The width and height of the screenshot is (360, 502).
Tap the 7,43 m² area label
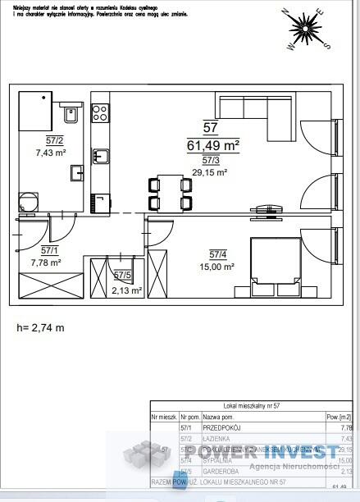(x=50, y=153)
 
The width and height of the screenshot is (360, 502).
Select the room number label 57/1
(x=49, y=250)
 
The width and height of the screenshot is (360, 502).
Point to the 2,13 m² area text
(x=127, y=290)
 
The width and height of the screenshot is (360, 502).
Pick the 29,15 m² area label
(x=210, y=172)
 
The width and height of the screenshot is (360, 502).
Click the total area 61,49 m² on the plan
(x=213, y=145)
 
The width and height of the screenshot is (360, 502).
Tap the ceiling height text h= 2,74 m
(x=40, y=327)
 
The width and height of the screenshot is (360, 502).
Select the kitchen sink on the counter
(x=100, y=155)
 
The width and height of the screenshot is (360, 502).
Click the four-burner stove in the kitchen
(x=100, y=112)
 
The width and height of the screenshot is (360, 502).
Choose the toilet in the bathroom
(x=71, y=115)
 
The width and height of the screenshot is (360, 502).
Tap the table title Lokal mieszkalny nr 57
(x=253, y=405)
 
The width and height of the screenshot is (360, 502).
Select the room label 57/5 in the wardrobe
(x=123, y=276)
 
